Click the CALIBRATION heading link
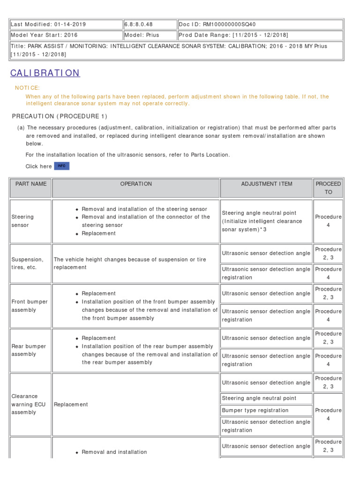click(45, 73)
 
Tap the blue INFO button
click(61, 166)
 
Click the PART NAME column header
click(31, 184)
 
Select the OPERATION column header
click(136, 184)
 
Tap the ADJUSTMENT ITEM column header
click(266, 184)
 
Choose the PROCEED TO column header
click(328, 188)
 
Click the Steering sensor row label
click(22, 221)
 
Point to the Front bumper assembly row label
click(29, 306)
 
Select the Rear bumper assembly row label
click(29, 350)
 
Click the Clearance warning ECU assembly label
click(28, 404)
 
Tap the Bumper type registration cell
click(255, 410)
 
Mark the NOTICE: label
click(27, 88)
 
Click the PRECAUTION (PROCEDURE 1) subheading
click(60, 116)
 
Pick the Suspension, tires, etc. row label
click(27, 263)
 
